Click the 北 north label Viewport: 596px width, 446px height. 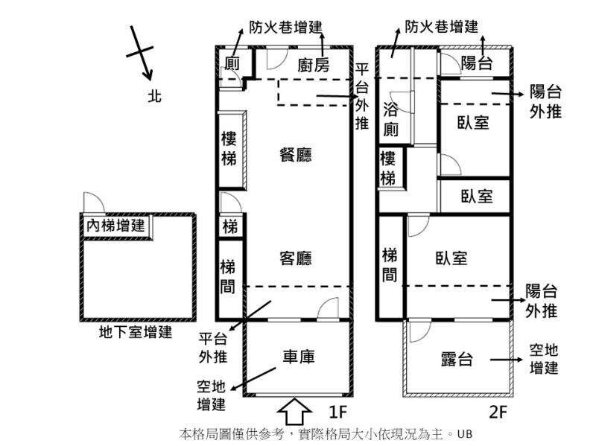[x=155, y=96]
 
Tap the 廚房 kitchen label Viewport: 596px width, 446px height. [x=313, y=66]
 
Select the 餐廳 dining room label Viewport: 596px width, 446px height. [x=296, y=155]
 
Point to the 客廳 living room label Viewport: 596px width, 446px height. [x=296, y=258]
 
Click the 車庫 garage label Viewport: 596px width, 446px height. [x=299, y=357]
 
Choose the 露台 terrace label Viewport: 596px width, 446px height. [x=457, y=359]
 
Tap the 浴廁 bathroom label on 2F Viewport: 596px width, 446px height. [x=390, y=120]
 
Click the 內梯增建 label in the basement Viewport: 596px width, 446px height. [x=115, y=226]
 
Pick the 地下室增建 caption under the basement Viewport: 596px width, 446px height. [x=136, y=332]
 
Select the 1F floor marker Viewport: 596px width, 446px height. [x=338, y=411]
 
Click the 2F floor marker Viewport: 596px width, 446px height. [x=498, y=411]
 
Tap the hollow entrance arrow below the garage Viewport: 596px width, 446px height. [x=295, y=411]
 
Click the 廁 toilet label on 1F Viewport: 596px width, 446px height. [x=232, y=63]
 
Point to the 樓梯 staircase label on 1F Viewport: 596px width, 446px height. [x=229, y=149]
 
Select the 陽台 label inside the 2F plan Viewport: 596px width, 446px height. [x=477, y=63]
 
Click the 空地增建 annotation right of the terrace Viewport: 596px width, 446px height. [x=544, y=359]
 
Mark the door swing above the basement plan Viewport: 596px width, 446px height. [x=95, y=203]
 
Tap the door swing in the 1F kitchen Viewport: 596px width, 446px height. [x=276, y=59]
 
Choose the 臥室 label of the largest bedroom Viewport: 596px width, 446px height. [x=451, y=258]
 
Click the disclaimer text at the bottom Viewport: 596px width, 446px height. [x=326, y=434]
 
